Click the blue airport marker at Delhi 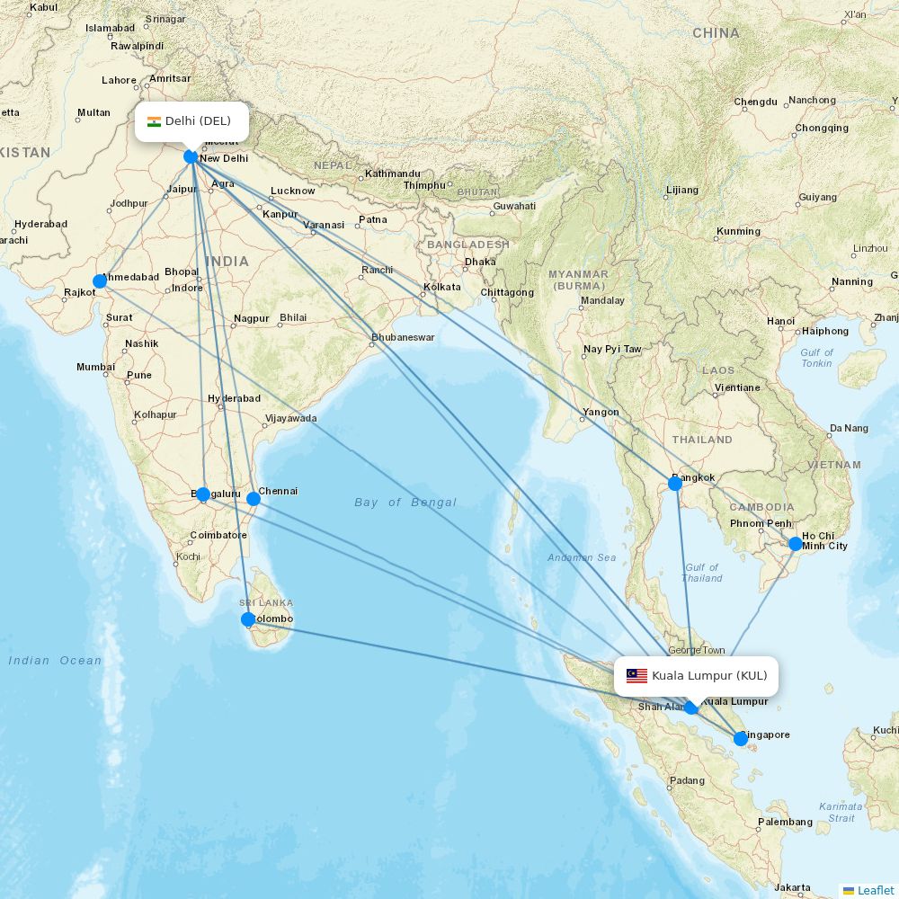191,156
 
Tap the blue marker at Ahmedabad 100,281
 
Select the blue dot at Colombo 248,619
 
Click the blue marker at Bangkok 675,484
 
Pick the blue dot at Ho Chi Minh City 795,544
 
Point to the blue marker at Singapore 741,739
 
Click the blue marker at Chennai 254,499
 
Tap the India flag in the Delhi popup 154,121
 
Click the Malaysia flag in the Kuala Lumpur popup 636,676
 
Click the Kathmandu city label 393,174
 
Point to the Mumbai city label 95,367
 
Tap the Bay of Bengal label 405,503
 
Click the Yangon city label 601,413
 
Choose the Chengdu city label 755,102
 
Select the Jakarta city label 792,887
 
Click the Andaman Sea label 583,557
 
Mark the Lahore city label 119,80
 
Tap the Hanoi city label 780,321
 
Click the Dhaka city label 480,263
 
